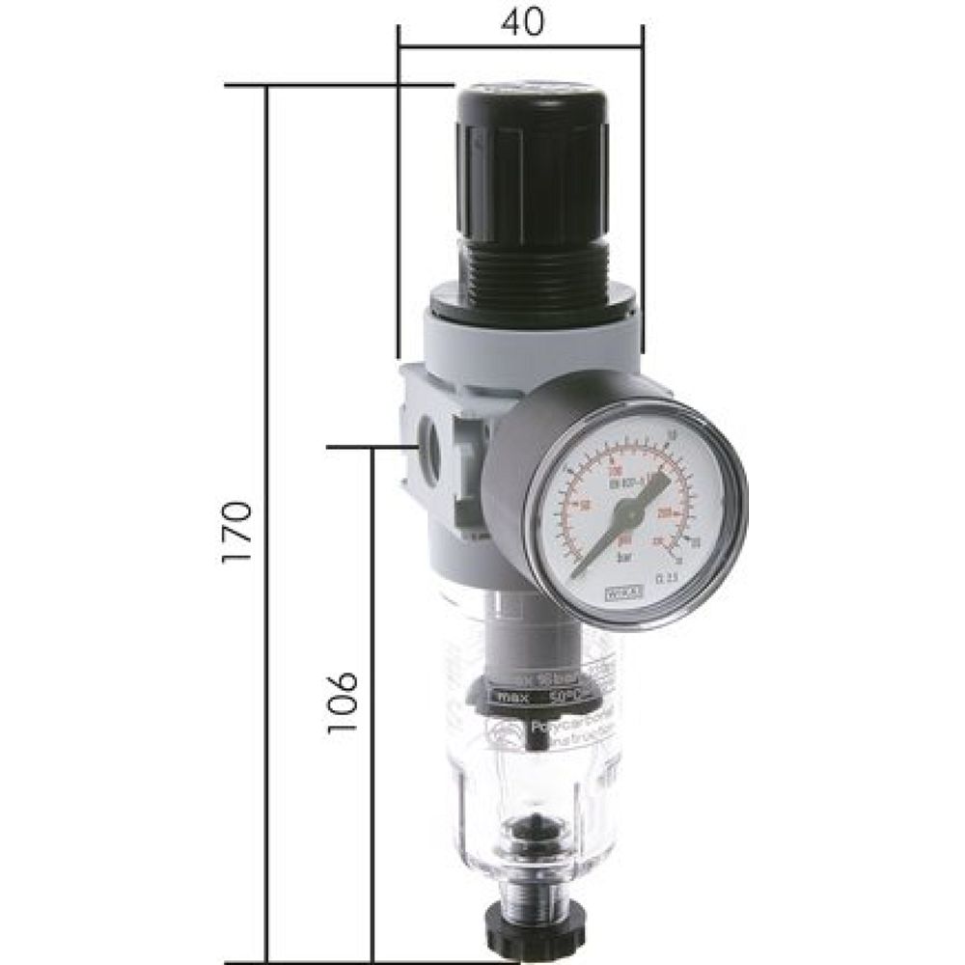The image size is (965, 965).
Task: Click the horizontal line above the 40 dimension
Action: point(521,44)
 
